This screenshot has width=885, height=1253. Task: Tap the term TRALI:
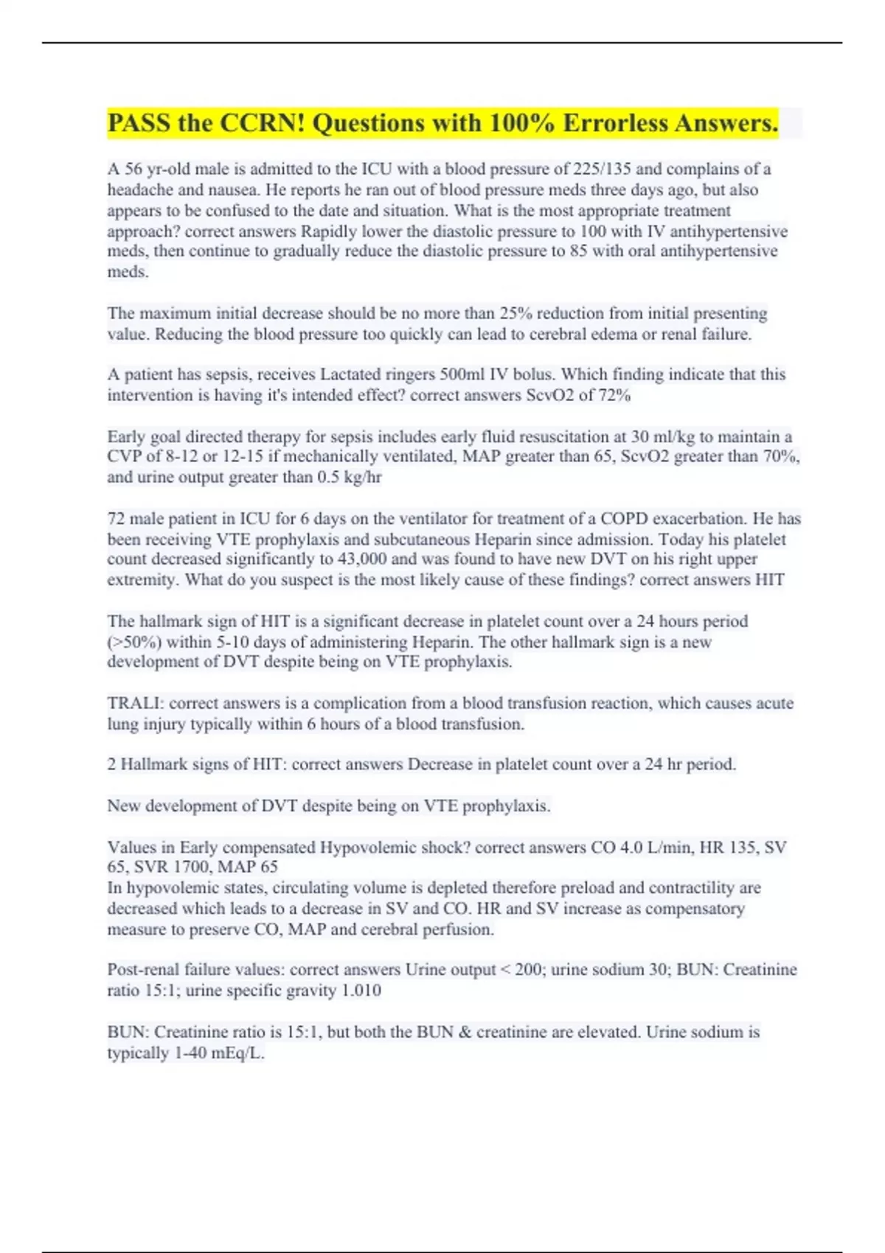coord(134,703)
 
